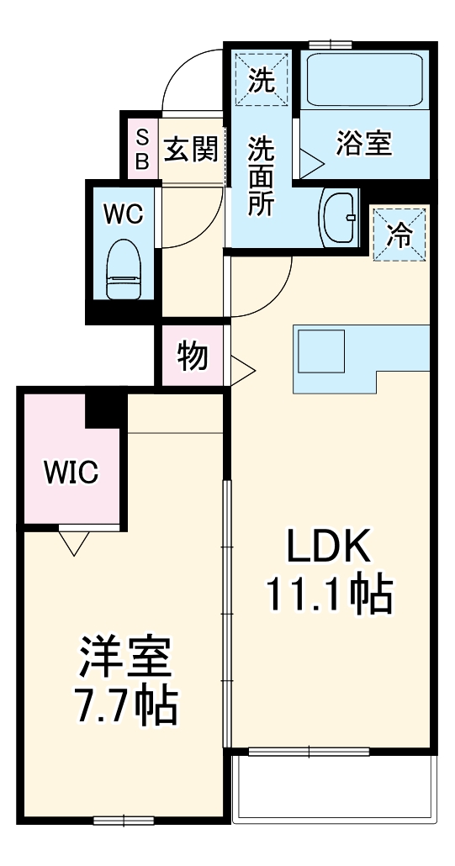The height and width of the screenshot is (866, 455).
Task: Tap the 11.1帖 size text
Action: tap(330, 594)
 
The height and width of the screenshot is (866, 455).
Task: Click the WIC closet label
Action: tap(71, 473)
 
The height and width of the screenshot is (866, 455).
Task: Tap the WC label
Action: tap(124, 214)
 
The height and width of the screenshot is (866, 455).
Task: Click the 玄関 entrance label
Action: tap(192, 148)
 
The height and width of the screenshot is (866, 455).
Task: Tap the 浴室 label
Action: tap(364, 144)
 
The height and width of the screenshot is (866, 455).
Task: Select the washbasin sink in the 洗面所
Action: tap(338, 217)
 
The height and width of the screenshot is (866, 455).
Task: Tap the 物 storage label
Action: tap(193, 356)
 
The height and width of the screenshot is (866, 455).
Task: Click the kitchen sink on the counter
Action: tap(320, 351)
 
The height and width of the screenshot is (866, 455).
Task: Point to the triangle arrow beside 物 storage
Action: tap(242, 371)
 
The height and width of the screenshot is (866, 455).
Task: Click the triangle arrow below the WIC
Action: tap(73, 541)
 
